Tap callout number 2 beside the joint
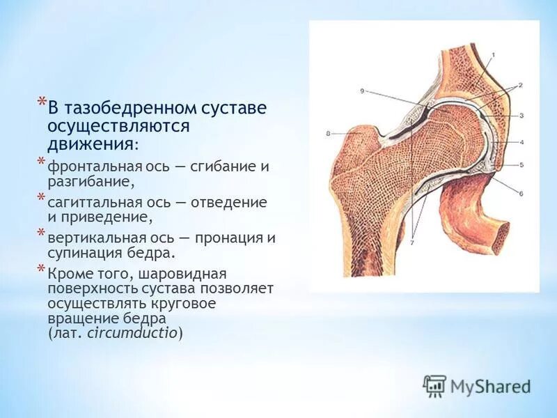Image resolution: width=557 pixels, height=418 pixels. click(x=519, y=84)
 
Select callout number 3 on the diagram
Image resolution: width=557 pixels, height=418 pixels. click(x=521, y=115)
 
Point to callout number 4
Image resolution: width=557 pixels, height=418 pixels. click(x=521, y=141)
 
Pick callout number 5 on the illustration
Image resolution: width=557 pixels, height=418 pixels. click(x=521, y=165)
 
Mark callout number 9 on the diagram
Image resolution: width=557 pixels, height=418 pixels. click(x=363, y=91)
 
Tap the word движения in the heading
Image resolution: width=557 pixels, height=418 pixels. click(x=90, y=144)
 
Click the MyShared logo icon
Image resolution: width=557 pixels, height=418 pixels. click(x=434, y=385)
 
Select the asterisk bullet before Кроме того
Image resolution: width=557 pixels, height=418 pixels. click(x=40, y=270)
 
